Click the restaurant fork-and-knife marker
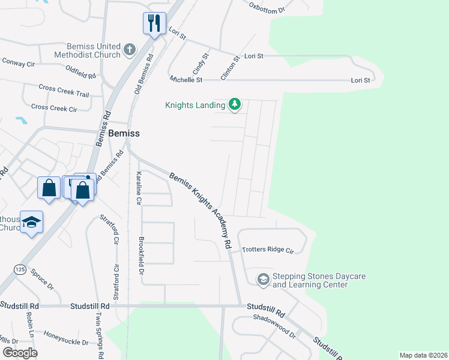pos(154,24)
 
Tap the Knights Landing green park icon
pos(235,105)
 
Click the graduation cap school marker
pos(31,222)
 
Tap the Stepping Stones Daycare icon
pos(263,280)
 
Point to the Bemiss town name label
pos(124,134)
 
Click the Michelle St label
pos(186,79)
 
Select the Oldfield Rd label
pos(80,73)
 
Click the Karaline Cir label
pos(139,188)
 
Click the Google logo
pos(19,353)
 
